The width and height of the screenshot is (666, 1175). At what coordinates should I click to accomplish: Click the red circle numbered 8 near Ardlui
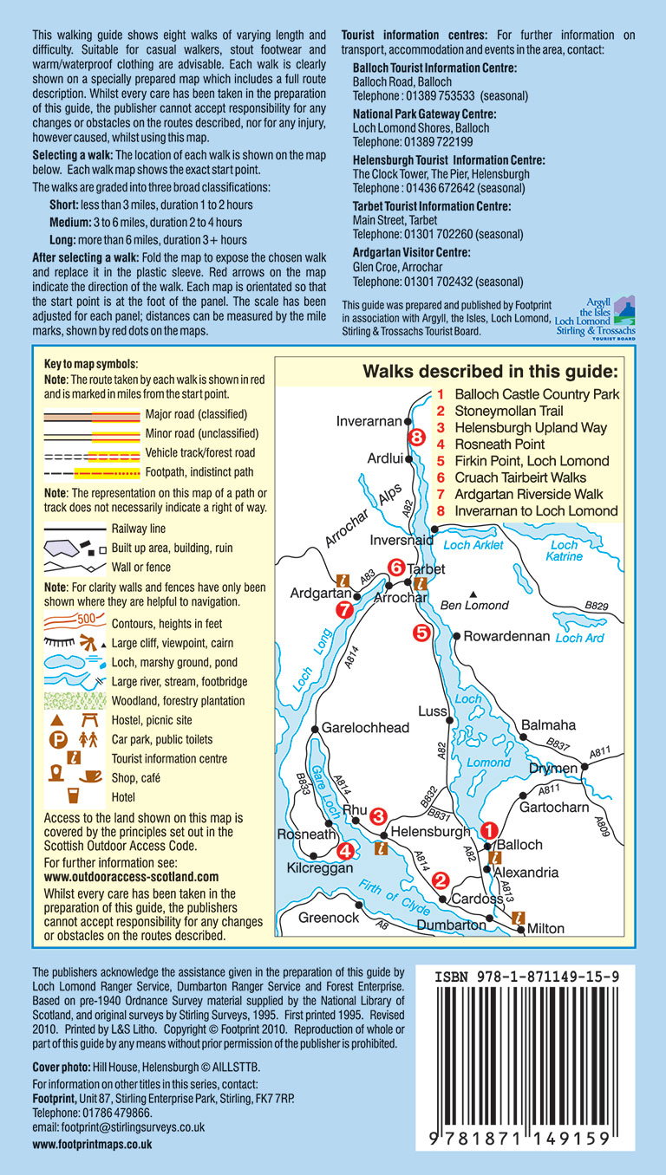click(x=416, y=438)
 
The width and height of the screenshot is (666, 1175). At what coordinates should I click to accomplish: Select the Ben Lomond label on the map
click(x=474, y=605)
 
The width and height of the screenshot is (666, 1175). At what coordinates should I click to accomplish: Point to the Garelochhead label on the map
click(x=365, y=728)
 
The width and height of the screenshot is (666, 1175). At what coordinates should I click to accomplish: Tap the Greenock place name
click(x=329, y=917)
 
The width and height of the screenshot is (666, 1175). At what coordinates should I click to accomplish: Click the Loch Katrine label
click(x=564, y=551)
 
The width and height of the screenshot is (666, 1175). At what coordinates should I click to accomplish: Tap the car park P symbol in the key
click(x=56, y=740)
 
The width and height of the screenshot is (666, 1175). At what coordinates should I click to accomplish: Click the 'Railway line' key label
click(x=139, y=529)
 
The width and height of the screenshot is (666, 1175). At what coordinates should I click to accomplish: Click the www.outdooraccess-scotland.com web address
click(x=131, y=877)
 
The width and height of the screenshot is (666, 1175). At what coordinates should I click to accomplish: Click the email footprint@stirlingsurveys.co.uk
click(x=118, y=1127)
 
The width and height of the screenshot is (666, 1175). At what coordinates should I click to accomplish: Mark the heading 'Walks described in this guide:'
click(x=490, y=372)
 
